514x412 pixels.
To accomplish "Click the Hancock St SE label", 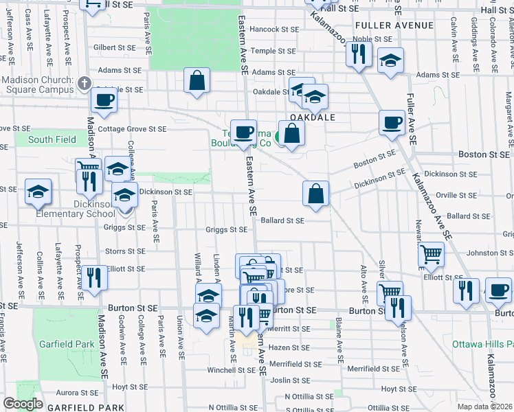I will (x=274, y=30).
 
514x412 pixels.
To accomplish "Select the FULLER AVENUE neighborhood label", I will (x=394, y=25).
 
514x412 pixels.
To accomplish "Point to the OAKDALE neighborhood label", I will (x=312, y=117).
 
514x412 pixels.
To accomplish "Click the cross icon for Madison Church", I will (x=85, y=84).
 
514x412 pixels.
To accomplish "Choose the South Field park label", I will (x=52, y=140).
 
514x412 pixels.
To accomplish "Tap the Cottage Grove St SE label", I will (x=132, y=129).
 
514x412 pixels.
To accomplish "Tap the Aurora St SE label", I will (x=77, y=393).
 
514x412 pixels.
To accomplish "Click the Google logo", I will (x=23, y=404).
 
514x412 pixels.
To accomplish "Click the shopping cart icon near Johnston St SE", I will (x=431, y=255).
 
